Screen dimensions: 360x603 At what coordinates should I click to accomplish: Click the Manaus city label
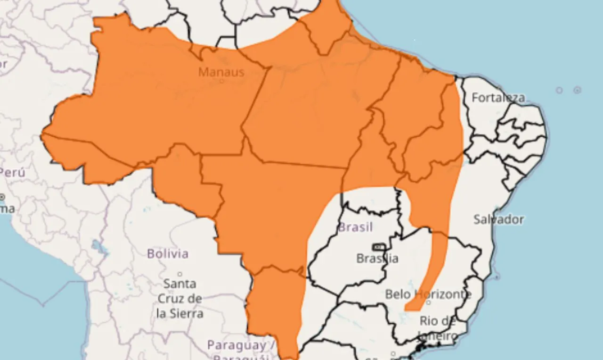point(221,72)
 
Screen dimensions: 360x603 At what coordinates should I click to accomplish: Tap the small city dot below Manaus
point(221,81)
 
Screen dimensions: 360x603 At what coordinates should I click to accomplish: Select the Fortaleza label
point(498,98)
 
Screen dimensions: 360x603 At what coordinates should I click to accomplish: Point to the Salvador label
point(498,219)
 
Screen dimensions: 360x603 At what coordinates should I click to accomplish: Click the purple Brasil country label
point(355,228)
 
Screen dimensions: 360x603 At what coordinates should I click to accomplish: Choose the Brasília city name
point(377,258)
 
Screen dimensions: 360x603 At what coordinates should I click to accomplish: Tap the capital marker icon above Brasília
point(378,247)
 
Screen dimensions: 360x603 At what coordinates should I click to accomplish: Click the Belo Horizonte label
point(428,294)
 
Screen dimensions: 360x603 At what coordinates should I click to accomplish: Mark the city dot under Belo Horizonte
point(428,303)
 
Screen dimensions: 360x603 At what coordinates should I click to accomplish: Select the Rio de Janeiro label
point(438,328)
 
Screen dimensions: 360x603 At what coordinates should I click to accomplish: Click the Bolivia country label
point(168,254)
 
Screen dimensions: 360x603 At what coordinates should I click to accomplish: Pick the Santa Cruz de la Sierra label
point(179,298)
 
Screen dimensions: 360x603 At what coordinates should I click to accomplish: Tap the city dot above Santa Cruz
point(179,274)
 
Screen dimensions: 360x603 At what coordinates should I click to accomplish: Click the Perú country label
point(12,172)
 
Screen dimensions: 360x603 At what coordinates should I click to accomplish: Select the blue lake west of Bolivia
point(98,246)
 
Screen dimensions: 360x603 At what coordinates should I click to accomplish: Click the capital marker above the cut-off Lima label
point(2,196)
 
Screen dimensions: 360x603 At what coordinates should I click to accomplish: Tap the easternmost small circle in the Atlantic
point(577,90)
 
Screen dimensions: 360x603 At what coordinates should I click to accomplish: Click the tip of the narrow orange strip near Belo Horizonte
point(408,309)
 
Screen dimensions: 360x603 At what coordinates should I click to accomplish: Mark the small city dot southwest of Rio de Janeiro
point(393,354)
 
